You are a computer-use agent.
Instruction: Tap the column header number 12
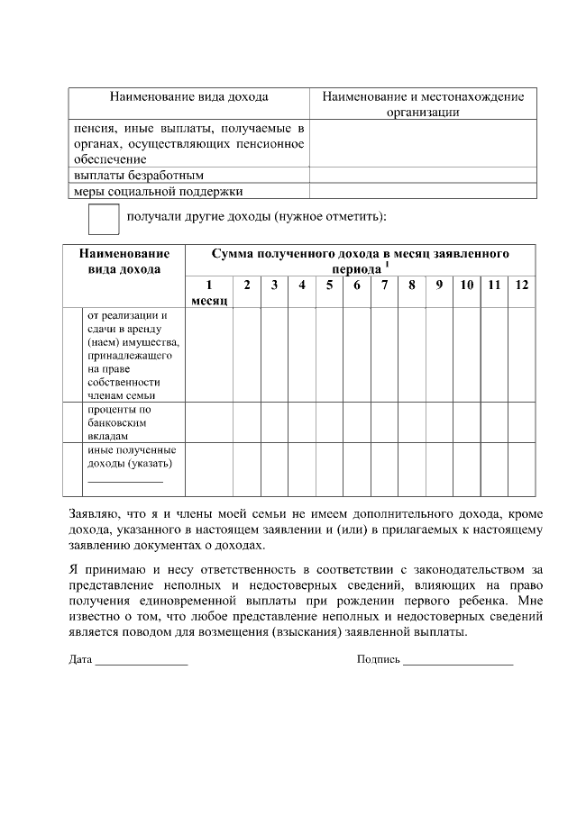pyautogui.click(x=522, y=285)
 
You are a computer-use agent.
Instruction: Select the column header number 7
pyautogui.click(x=385, y=285)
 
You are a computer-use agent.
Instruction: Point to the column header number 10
pyautogui.click(x=467, y=285)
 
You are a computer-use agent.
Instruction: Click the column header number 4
pyautogui.click(x=302, y=285)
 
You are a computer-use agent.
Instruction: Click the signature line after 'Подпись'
pyautogui.click(x=458, y=660)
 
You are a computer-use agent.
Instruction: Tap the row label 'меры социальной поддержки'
pyautogui.click(x=158, y=191)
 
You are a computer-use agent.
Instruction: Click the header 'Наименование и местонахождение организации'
pyautogui.click(x=423, y=104)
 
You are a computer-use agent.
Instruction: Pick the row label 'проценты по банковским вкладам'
pyautogui.click(x=119, y=421)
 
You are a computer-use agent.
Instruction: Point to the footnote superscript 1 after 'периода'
pyautogui.click(x=387, y=265)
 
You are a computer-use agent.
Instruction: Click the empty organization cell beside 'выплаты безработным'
pyautogui.click(x=423, y=175)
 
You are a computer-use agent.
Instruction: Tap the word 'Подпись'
pyautogui.click(x=378, y=660)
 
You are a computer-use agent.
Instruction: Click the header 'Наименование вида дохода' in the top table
pyautogui.click(x=188, y=96)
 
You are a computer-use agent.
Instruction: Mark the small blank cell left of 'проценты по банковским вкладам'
pyautogui.click(x=73, y=421)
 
